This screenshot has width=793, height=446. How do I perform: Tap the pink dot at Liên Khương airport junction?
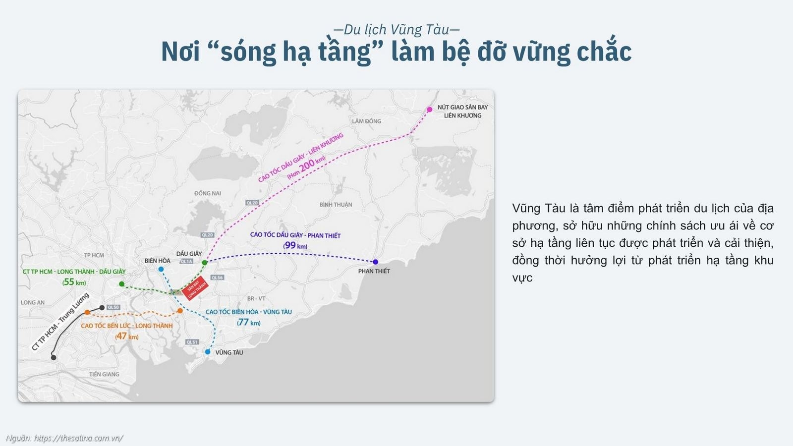point(430,110)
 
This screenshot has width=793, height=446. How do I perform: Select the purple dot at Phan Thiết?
point(375,262)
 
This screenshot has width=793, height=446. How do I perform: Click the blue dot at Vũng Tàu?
point(208,352)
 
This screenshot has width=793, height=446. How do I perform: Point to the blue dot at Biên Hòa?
point(161,269)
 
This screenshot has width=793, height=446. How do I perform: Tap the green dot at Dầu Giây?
point(204,262)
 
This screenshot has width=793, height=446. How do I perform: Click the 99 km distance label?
point(295,245)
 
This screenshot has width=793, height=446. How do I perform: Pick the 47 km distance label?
point(127,336)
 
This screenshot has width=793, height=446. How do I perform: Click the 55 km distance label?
point(74,282)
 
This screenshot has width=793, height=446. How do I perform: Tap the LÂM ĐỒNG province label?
point(367,121)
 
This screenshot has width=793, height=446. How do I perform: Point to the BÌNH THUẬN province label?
point(336,205)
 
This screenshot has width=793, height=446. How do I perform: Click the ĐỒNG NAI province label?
point(208,193)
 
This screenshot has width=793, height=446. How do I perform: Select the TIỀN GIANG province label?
point(104,374)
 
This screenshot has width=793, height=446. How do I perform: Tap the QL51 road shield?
point(192,342)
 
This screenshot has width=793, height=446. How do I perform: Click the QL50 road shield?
point(113,307)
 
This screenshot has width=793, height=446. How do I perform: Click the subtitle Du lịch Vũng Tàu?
point(396,30)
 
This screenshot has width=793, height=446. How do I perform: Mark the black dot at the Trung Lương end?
point(54,357)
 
